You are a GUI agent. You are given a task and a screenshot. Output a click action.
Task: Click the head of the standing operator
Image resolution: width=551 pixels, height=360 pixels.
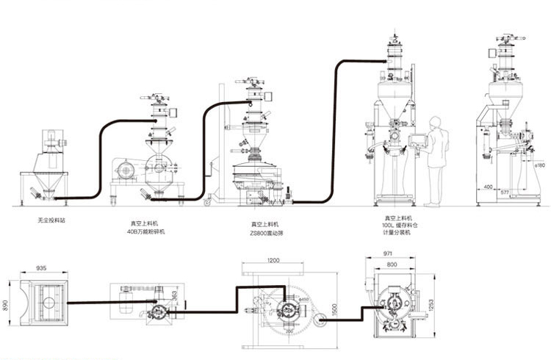tap(434, 120)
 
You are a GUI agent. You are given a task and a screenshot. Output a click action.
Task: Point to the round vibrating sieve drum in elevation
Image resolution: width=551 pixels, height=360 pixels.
tap(253, 176)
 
